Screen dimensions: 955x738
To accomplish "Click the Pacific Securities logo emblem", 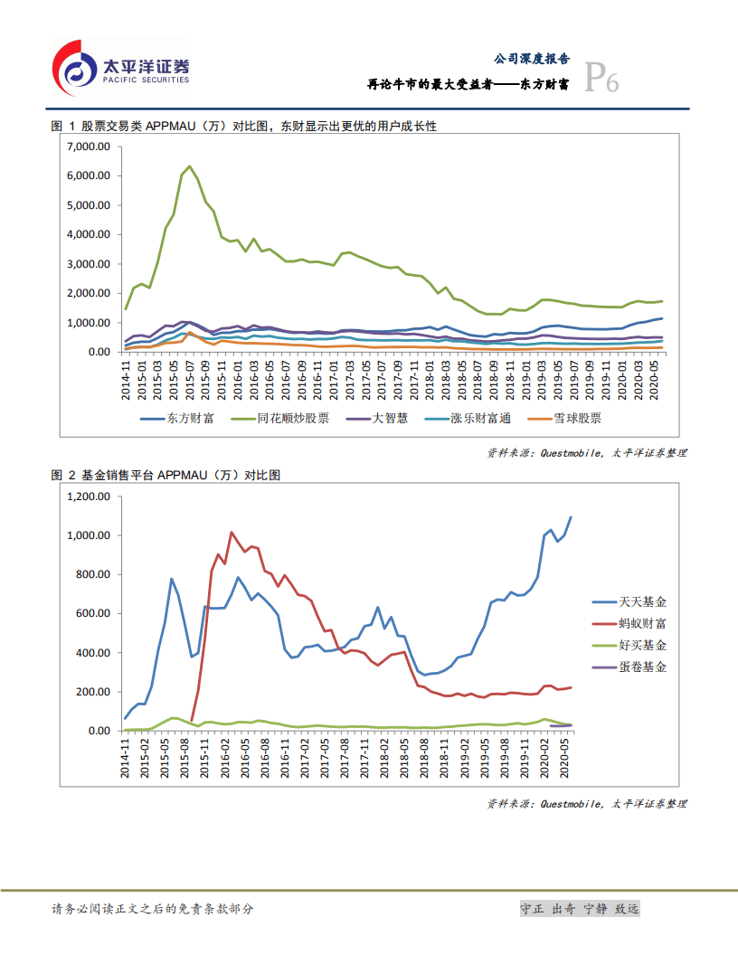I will [x=74, y=69].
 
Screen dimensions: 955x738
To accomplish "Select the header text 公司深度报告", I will [x=531, y=58].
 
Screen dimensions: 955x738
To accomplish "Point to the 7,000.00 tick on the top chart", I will [x=88, y=147].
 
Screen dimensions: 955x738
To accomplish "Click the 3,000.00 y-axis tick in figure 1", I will [x=88, y=264].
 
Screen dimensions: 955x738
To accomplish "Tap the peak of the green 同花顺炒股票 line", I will [x=189, y=166].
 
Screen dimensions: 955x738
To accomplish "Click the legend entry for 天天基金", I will [x=642, y=602].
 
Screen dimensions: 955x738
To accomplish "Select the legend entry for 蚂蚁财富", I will [x=642, y=624].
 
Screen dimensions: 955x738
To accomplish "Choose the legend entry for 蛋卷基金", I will [x=642, y=667].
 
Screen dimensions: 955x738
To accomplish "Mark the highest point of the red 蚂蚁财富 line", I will [x=232, y=533].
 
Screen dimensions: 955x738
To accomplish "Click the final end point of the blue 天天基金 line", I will [x=571, y=517].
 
